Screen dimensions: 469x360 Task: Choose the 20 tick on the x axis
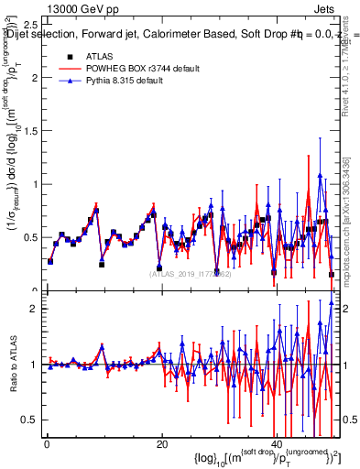pyautogui.click(x=161, y=444)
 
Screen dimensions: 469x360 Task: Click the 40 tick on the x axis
pyautogui.click(x=277, y=444)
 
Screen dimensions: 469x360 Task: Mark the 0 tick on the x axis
pyautogui.click(x=46, y=444)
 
